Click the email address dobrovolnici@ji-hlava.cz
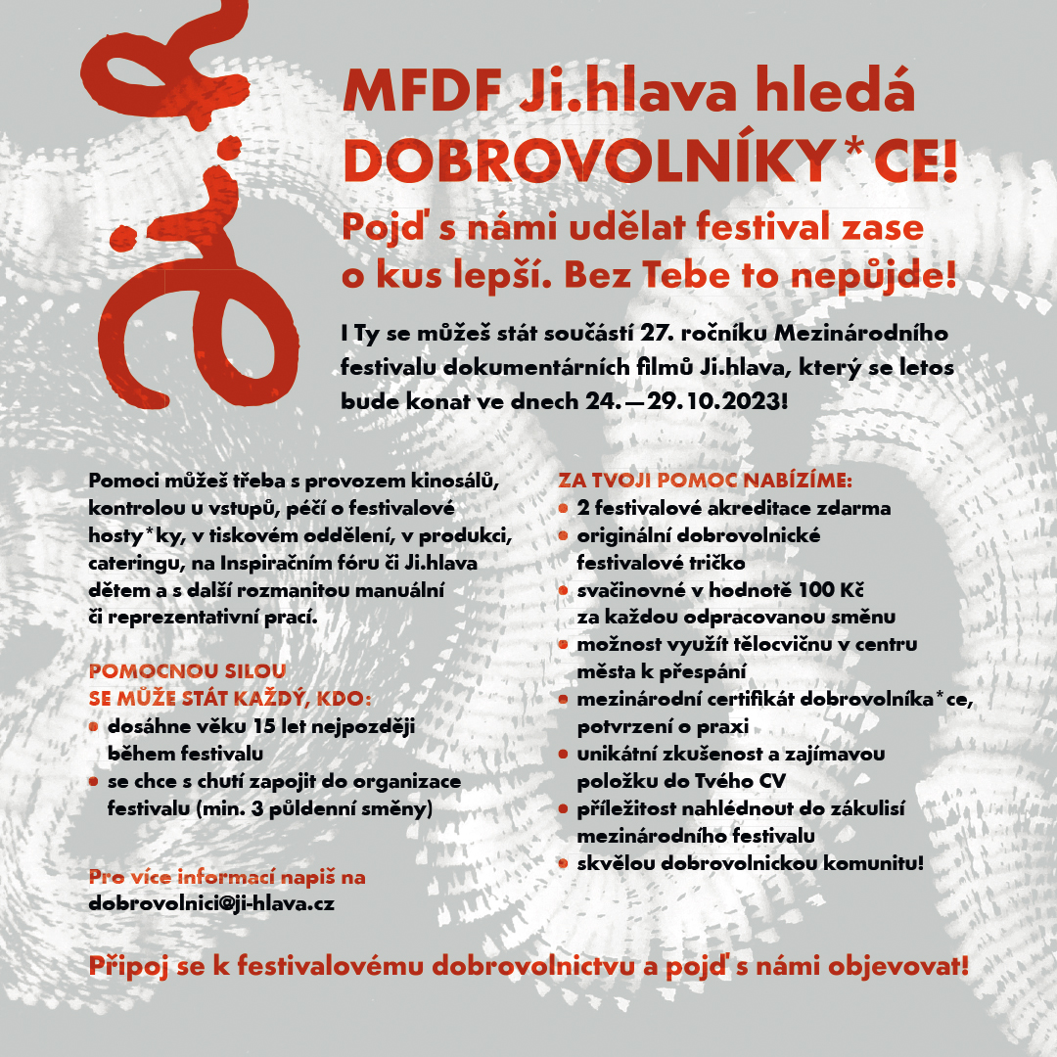211,903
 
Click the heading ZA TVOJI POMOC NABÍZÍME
706,482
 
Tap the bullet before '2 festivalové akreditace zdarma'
564,509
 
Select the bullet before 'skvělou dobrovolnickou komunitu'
564,863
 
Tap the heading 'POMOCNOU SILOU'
187,672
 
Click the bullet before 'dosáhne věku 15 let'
94,727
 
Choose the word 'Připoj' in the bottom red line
127,967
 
